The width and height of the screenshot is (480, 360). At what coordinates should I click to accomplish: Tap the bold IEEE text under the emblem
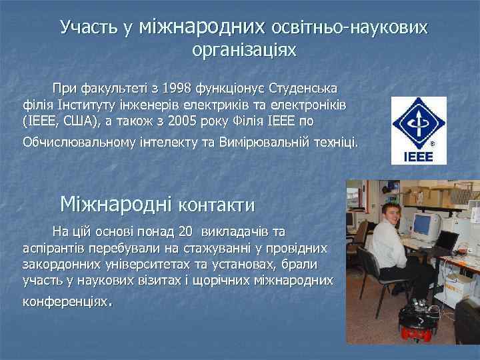click(418, 157)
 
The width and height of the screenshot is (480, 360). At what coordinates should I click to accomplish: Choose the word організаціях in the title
click(243, 50)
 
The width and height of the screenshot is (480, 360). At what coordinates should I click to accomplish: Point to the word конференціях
click(65, 302)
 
